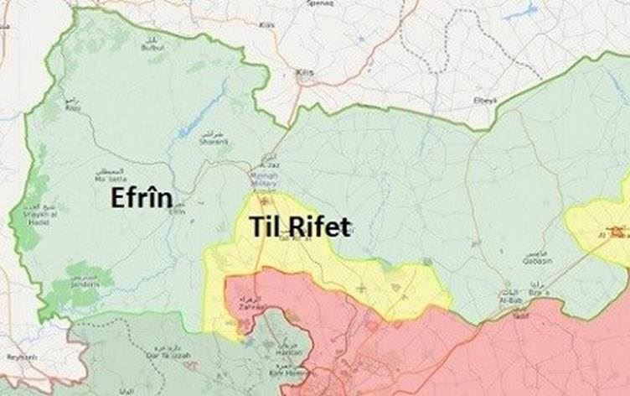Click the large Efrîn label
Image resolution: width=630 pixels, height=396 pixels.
[x=141, y=199]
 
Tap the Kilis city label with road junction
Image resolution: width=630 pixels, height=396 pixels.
[x=305, y=74]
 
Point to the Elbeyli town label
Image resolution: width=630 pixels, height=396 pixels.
[x=486, y=101]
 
